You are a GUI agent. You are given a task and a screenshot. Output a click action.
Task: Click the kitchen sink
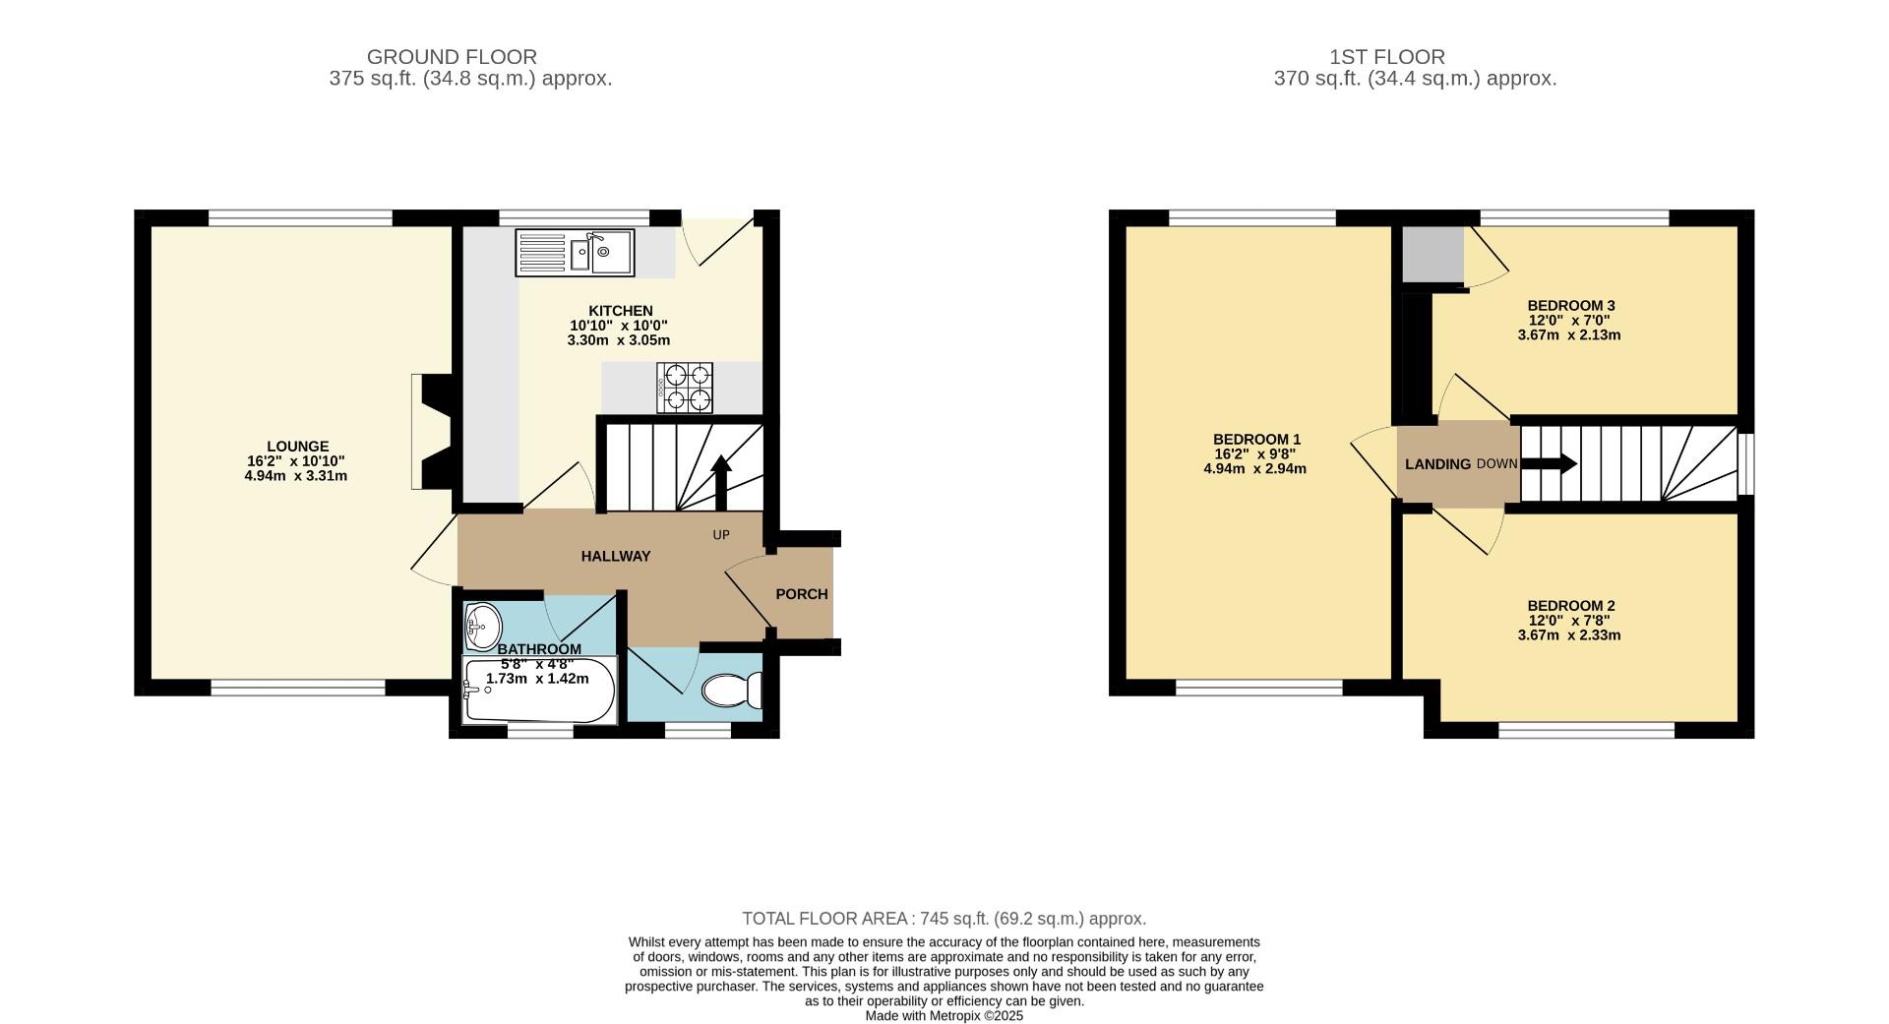[575, 253]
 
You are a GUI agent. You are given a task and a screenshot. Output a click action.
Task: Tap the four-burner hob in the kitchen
[685, 388]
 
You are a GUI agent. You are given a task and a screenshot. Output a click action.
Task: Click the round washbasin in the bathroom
[482, 626]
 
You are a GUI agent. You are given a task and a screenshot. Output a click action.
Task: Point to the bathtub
[539, 691]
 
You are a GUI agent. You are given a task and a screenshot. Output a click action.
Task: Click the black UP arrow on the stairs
[721, 483]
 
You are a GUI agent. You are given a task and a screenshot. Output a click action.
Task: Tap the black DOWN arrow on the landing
[1550, 464]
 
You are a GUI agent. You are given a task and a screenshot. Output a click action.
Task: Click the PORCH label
[802, 594]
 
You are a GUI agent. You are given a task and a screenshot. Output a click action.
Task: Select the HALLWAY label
[616, 556]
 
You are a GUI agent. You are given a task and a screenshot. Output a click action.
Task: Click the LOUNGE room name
[297, 447]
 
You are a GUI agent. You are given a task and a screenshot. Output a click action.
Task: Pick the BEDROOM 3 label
[1571, 306]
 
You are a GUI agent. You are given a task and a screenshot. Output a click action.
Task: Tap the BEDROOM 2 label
[1571, 606]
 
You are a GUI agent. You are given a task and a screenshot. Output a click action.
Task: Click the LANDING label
[1438, 464]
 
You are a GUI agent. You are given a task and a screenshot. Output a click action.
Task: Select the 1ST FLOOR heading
[1387, 57]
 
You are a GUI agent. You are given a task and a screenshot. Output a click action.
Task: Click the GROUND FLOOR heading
[452, 57]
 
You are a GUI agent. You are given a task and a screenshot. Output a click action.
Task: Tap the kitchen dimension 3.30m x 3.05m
[619, 340]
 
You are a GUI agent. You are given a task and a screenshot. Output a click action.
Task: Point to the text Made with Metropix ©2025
[944, 1016]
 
